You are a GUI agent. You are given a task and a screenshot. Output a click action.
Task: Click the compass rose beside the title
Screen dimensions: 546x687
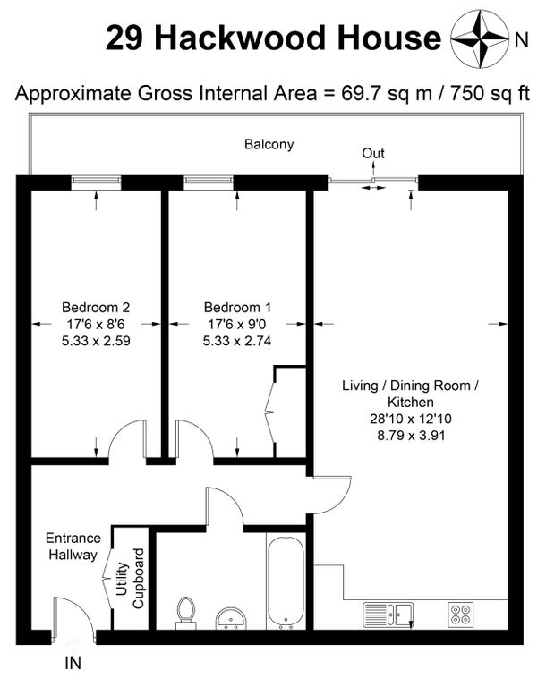[x=481, y=39]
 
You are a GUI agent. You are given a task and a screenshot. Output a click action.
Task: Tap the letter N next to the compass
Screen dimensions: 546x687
[x=521, y=40]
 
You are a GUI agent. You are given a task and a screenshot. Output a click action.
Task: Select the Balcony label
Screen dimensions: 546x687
[x=269, y=144]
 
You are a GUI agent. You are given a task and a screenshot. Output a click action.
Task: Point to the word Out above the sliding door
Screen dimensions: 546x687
[x=373, y=153]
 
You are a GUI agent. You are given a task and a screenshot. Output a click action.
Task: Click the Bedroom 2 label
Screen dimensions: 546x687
[x=96, y=307]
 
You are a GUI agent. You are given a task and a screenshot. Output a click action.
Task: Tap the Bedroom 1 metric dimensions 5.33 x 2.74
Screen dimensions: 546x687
[x=237, y=341]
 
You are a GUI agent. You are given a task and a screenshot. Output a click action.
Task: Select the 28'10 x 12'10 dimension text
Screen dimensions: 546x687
[x=411, y=419]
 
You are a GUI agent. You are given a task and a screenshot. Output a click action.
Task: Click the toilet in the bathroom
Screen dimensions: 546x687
[x=185, y=613]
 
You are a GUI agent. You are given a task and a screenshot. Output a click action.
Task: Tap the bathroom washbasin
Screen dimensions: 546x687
[x=231, y=618]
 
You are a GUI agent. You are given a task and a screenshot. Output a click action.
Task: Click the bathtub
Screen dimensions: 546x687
[x=286, y=582]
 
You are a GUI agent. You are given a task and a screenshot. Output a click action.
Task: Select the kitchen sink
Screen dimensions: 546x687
[x=388, y=615]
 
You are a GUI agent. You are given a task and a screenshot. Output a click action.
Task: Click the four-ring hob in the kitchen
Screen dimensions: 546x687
[x=460, y=614]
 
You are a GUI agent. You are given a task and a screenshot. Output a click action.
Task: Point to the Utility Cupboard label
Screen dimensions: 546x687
[x=130, y=579]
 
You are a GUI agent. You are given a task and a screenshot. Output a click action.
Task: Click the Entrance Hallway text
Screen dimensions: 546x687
[x=73, y=546]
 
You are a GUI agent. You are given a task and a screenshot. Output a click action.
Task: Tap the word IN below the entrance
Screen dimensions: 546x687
[x=73, y=663]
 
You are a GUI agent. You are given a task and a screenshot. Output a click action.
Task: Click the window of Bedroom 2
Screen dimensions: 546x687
[x=96, y=180]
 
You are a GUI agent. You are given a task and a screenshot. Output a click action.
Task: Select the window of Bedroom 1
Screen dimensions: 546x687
[x=209, y=180]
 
